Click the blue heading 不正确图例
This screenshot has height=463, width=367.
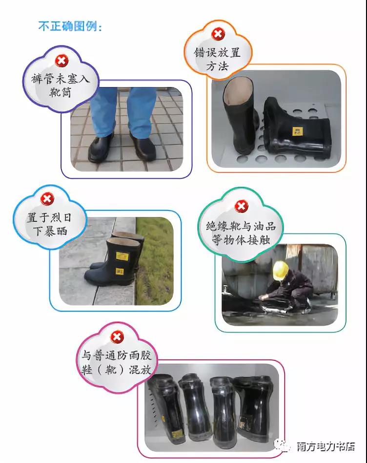[70, 26]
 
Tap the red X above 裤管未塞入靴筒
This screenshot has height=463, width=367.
[61, 61]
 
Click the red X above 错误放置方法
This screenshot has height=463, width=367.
[218, 34]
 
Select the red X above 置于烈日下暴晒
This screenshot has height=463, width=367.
[47, 199]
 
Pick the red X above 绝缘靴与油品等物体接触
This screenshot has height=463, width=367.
[241, 206]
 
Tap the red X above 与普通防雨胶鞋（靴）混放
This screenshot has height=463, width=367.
[117, 337]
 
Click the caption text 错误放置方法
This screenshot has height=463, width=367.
[218, 59]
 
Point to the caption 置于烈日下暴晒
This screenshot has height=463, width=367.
[49, 224]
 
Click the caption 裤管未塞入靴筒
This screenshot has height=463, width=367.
[60, 85]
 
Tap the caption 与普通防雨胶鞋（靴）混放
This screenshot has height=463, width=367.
[117, 362]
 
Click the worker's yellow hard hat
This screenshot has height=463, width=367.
[281, 270]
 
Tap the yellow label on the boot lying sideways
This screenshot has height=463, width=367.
[296, 131]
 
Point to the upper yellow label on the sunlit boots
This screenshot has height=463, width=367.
[122, 256]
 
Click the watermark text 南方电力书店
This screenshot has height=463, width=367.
[326, 446]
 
